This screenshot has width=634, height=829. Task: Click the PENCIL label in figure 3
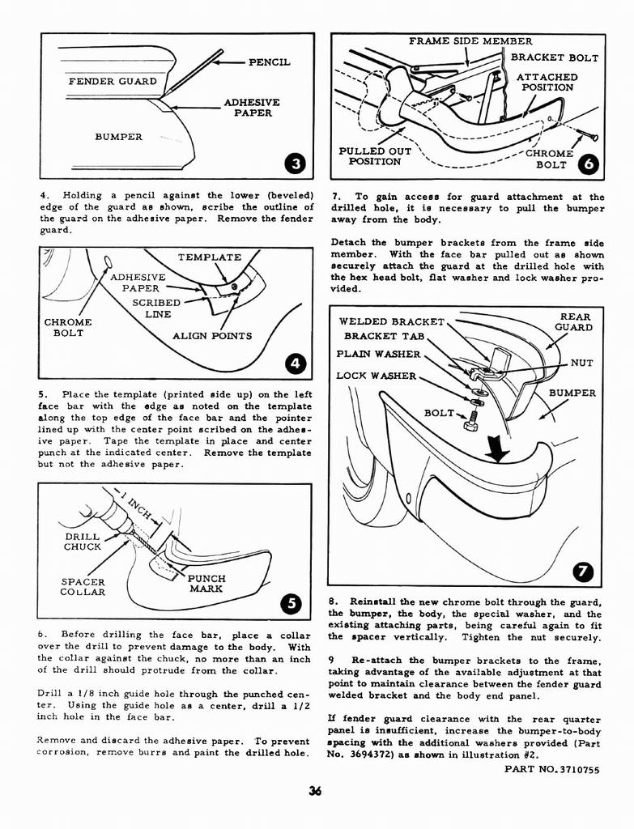coord(269,62)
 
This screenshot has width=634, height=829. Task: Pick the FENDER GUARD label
coord(113,82)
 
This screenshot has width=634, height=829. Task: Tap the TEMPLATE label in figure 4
coord(209,257)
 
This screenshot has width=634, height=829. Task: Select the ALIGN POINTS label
coord(212,336)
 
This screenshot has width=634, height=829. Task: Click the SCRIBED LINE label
coord(156,308)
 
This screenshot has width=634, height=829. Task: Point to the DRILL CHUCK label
coord(83,542)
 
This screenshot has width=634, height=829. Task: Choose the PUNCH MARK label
coord(206,584)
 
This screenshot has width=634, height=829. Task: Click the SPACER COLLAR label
coord(83,587)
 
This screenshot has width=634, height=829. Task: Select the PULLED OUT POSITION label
coord(375,156)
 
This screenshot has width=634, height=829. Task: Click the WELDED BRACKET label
coord(392,322)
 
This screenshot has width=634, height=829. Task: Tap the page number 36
coord(316,793)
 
